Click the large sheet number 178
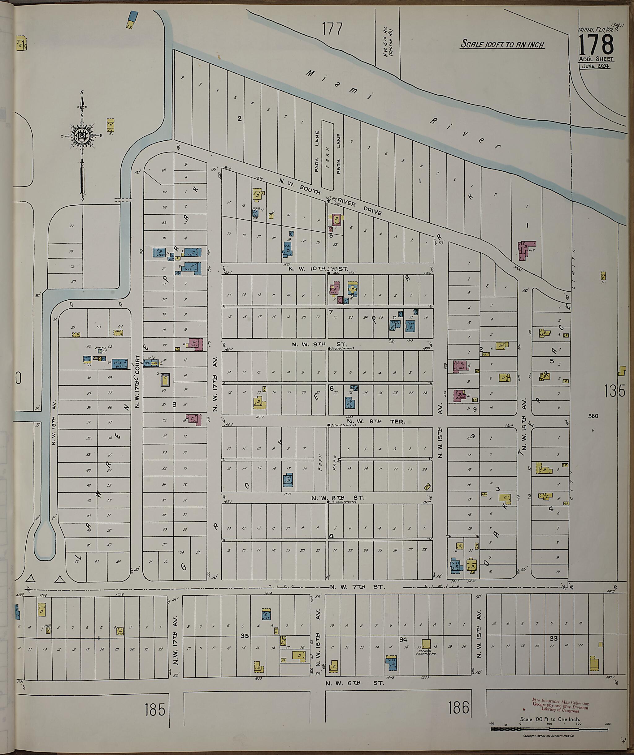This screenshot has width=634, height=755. (596, 44)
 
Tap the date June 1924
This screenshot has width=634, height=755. (594, 66)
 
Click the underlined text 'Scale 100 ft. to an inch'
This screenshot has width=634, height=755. (503, 45)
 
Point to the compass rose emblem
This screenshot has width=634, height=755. (82, 135)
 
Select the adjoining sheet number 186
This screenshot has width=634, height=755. (459, 708)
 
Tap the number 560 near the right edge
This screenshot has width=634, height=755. (593, 416)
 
